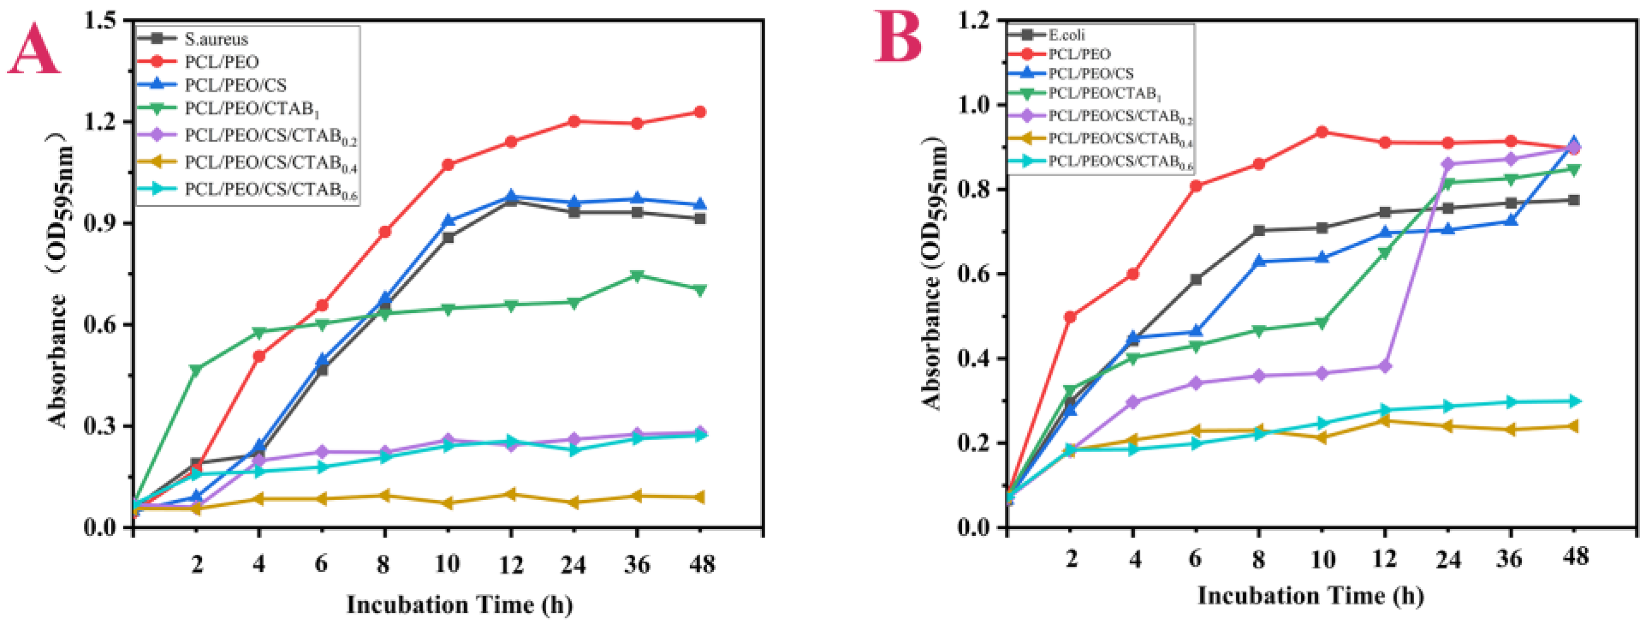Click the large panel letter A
coord(33,50)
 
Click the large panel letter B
coord(898,37)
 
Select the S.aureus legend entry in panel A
coord(216,39)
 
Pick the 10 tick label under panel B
coord(1322,560)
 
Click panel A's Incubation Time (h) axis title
coord(459,604)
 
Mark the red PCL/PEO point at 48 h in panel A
coord(700,112)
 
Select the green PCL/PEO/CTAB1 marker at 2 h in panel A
coord(196,369)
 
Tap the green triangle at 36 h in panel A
coord(637,276)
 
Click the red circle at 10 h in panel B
coord(1322,132)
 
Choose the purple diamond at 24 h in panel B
coord(1447,165)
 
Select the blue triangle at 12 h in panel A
coord(510,197)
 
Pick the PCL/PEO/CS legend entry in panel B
coord(1091,74)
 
